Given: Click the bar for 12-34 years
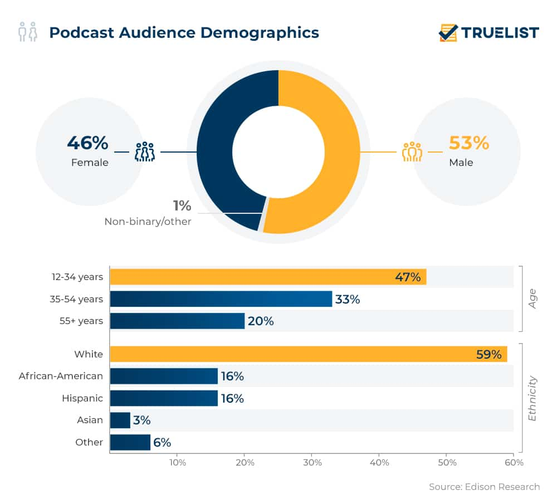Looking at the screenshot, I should click(268, 277).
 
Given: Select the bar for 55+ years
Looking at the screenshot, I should click(177, 321).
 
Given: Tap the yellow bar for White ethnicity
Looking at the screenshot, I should click(308, 354).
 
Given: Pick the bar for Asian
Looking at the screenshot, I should click(120, 420).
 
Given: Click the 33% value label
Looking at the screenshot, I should click(348, 299).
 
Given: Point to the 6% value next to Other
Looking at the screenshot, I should click(162, 442).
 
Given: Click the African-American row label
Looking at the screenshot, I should click(61, 376).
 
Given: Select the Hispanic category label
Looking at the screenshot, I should click(82, 398).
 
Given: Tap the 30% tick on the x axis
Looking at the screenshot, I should click(312, 463).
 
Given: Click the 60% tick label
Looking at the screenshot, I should click(514, 463).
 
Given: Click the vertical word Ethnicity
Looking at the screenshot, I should click(532, 398).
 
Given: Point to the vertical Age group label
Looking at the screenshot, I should click(532, 299).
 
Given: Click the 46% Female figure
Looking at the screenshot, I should click(87, 143).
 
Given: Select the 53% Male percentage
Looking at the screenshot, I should click(468, 143).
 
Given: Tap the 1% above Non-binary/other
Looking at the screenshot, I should click(183, 205).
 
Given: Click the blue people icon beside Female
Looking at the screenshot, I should click(145, 151).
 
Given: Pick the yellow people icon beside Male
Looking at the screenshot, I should click(412, 151).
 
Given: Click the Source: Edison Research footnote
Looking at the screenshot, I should click(484, 487).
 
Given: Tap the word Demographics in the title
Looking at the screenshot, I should click(260, 32).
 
